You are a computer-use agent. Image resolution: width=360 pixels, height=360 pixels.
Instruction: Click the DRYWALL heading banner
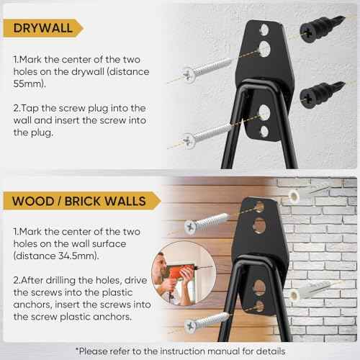(x=42, y=27)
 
